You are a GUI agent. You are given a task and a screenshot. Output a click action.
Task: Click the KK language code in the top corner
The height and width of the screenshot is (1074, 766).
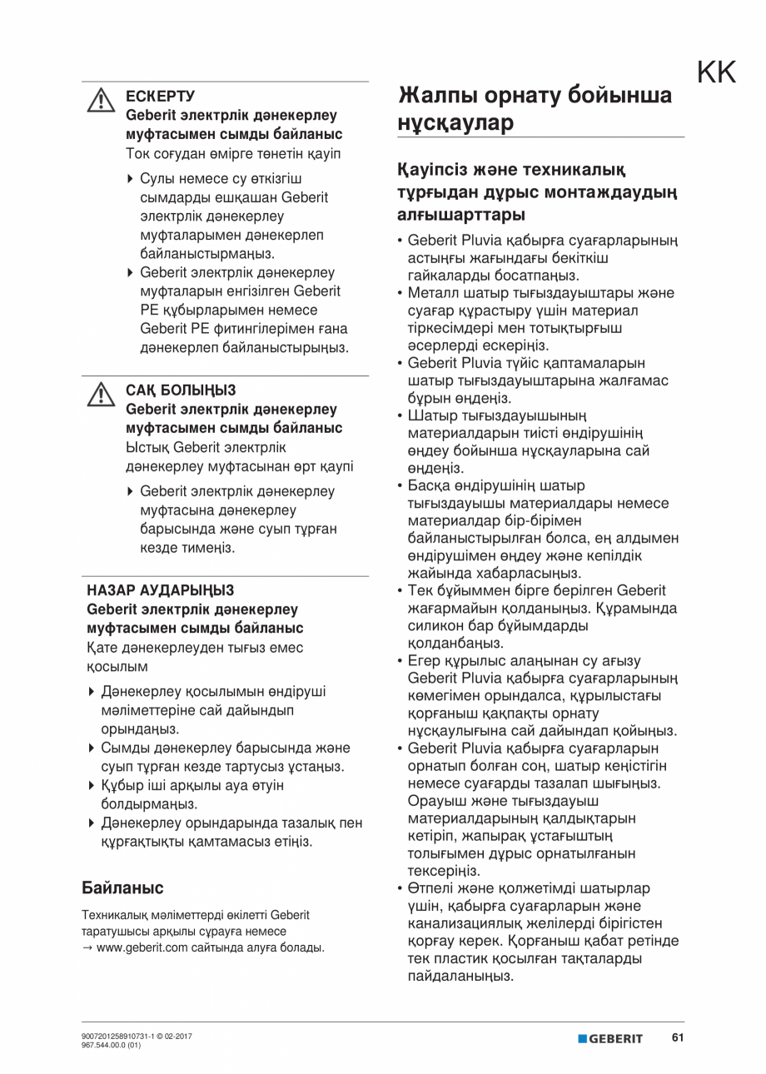tap(716, 73)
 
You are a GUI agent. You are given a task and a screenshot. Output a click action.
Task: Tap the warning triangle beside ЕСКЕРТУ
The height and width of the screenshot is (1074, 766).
tap(101, 100)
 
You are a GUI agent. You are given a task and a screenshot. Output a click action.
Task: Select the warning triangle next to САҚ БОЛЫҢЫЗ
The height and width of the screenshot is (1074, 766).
tap(101, 394)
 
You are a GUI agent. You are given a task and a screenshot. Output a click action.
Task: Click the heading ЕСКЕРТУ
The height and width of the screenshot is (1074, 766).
tap(160, 97)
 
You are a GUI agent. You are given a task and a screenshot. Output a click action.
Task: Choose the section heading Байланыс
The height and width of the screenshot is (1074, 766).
tap(122, 888)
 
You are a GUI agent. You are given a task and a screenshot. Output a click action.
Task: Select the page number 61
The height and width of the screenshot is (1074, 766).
tap(678, 1037)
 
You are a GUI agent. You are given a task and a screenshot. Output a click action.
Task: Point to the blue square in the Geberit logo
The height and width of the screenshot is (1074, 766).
tap(582, 1038)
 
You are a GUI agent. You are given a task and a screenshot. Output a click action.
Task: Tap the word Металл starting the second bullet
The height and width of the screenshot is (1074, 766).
tap(431, 293)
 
